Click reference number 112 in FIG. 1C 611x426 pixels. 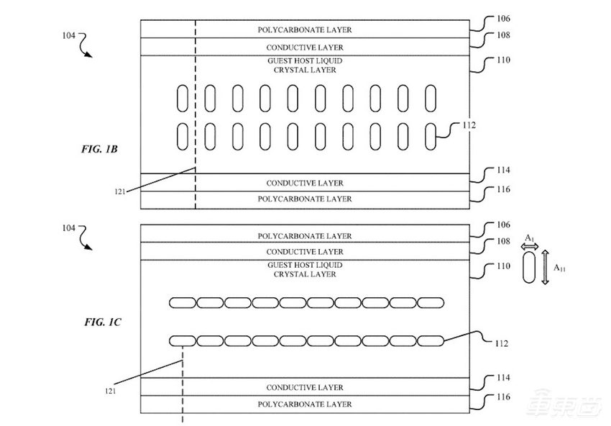(x=500, y=343)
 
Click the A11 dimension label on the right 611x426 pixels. (x=560, y=267)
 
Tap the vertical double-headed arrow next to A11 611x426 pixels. (x=546, y=267)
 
